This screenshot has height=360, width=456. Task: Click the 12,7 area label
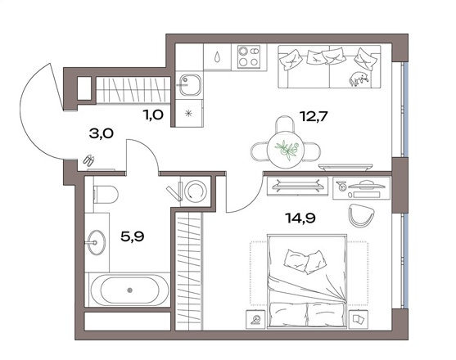(x=314, y=117)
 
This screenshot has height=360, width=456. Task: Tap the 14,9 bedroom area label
(x=300, y=218)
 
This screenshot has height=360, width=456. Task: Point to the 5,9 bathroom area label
(x=133, y=236)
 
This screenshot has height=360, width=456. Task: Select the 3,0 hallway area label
(x=102, y=134)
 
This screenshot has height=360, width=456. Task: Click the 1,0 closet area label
(x=153, y=115)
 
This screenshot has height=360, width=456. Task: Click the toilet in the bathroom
(x=106, y=195)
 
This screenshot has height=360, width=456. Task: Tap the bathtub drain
(x=129, y=290)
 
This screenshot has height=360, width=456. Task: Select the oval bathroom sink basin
(x=97, y=243)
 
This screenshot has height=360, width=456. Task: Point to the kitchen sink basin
(x=190, y=85)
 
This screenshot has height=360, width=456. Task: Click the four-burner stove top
(x=249, y=56)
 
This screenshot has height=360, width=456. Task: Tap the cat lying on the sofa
(x=359, y=79)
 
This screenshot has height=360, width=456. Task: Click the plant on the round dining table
(x=287, y=150)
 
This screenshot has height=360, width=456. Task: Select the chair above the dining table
(x=285, y=124)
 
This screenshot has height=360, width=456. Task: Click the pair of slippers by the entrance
(x=89, y=160)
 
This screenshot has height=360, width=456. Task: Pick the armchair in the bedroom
(x=361, y=215)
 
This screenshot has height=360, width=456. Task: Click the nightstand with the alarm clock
(x=255, y=319)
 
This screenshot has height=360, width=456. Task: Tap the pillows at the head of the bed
(x=305, y=261)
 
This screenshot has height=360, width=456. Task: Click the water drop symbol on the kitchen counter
(x=217, y=56)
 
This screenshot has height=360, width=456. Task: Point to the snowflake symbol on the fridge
(x=189, y=113)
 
